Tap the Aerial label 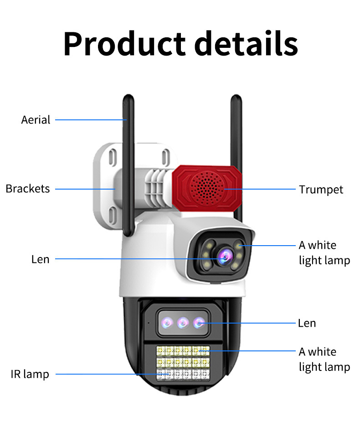36,120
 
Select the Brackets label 28,189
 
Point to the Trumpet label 321,189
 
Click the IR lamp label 30,374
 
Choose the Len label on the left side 40,259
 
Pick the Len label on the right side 307,323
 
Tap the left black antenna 129,164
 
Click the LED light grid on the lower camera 183,363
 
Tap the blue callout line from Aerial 91,120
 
